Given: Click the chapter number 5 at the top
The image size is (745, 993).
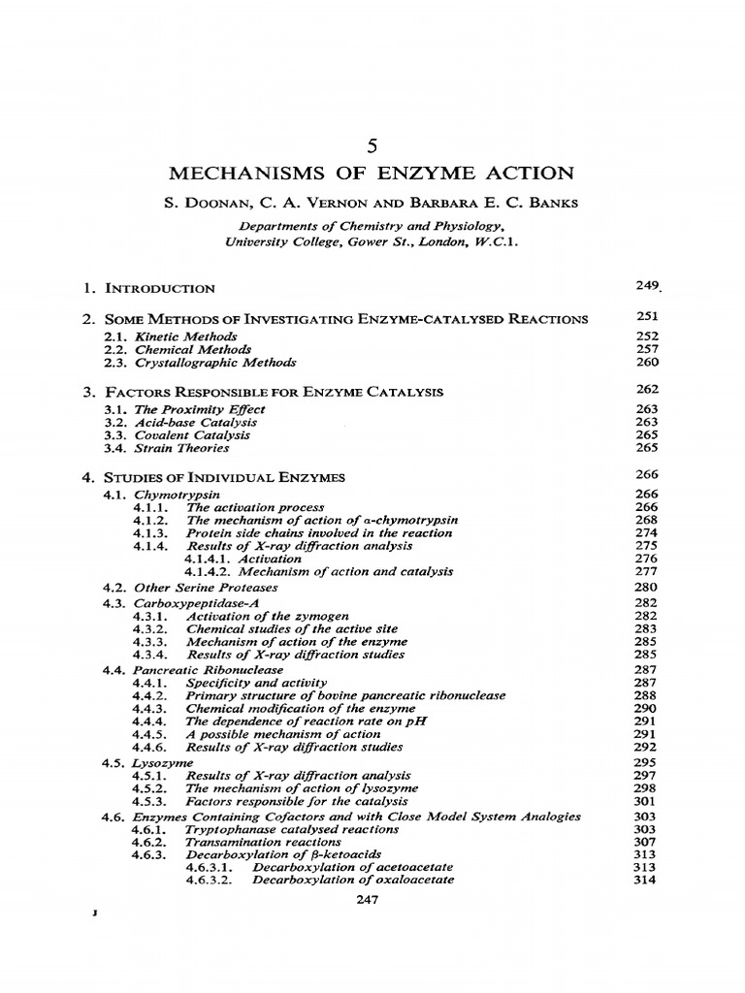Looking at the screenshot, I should tap(372, 146).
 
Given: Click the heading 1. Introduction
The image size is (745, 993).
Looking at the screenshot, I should tap(148, 289).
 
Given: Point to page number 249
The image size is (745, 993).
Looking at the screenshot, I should tap(646, 287).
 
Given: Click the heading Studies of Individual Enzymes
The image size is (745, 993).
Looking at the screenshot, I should tap(224, 477).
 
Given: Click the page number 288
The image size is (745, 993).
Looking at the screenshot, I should tap(646, 695).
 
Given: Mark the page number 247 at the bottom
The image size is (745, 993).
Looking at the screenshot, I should tap(372, 900).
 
